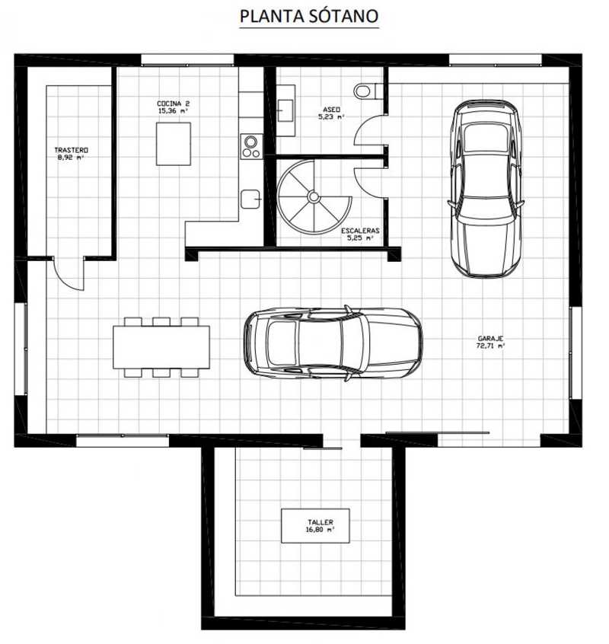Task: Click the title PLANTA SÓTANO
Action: coord(309,17)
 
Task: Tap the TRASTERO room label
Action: coord(71,150)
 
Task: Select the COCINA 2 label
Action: coord(174,104)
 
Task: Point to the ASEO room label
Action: coord(331,110)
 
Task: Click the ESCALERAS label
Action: coord(360,231)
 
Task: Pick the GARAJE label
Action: coord(491,339)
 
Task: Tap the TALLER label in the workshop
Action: coord(320,522)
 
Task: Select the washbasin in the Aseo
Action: coord(285,110)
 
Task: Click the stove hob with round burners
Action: coord(251,147)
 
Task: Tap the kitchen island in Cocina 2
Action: coord(174,144)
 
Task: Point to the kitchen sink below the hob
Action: coord(250,199)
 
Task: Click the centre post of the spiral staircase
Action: coord(314,197)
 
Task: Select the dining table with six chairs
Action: coord(161,347)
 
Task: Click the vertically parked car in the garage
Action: coord(486,189)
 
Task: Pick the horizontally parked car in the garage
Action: coord(333,343)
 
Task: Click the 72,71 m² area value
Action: coord(491,346)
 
